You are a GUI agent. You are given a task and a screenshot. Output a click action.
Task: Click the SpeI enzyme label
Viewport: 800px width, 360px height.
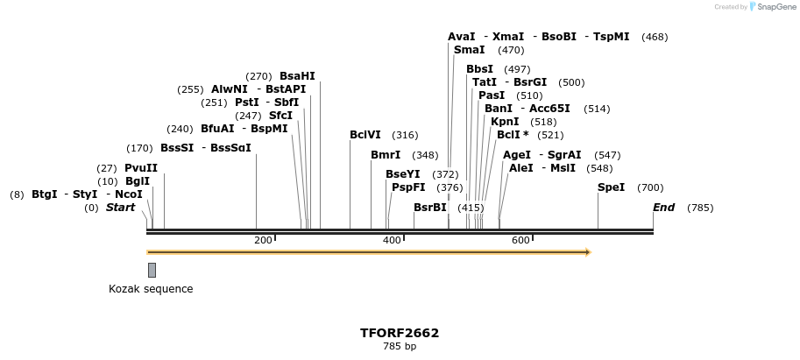coord(611,187)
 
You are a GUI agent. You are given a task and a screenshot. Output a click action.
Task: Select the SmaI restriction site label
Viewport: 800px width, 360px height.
coord(469,50)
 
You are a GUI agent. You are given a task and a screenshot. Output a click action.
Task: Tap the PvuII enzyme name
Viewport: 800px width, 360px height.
coord(141,168)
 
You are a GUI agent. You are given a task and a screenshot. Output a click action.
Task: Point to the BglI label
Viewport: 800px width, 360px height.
coord(138,181)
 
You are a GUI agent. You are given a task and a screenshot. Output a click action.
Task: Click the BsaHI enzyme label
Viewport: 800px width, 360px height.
coord(297,76)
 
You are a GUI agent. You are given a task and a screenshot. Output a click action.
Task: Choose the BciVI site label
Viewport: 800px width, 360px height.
coord(365,135)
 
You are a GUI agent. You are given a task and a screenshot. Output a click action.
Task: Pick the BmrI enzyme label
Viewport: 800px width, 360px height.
coord(386,155)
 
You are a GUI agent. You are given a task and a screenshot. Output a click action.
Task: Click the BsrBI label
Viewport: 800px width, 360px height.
coord(430,208)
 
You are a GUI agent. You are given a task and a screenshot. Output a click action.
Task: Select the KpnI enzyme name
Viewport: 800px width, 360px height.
coord(505,122)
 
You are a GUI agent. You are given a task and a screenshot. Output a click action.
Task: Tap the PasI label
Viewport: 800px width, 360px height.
coord(492,95)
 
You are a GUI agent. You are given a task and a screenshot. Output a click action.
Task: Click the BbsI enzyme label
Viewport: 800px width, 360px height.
coord(479,69)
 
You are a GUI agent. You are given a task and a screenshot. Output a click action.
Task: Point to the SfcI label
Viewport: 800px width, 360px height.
coord(280,116)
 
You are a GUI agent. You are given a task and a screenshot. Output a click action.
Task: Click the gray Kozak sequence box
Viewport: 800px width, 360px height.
coord(152,270)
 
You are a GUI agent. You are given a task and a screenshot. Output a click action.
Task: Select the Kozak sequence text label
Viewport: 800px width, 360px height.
coord(151,289)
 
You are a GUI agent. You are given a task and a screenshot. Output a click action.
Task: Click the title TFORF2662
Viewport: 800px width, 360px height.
coord(400,333)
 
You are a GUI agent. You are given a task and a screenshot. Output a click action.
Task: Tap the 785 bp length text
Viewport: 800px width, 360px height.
coord(400,347)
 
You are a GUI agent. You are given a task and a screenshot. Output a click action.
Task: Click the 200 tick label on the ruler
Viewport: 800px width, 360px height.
coord(263,240)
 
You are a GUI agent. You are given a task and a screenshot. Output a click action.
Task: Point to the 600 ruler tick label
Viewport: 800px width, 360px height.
coord(520,240)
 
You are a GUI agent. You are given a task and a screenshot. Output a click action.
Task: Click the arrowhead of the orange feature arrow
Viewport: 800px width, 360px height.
coord(588,252)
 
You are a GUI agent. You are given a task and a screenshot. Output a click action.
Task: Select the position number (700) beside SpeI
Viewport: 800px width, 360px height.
coord(650,187)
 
